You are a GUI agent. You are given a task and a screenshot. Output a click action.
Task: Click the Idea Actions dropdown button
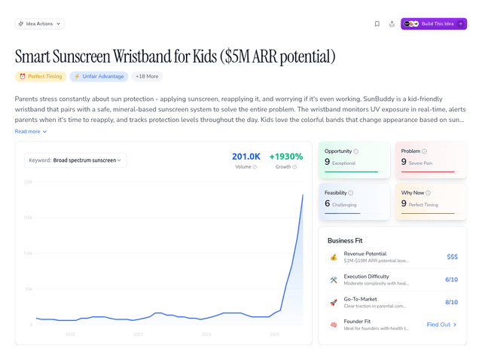coord(39,23)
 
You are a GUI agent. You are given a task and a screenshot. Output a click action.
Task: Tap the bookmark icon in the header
coord(377,23)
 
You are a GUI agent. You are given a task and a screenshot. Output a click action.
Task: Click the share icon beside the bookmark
coord(392,23)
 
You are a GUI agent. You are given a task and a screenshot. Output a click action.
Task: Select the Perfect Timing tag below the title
coord(40,76)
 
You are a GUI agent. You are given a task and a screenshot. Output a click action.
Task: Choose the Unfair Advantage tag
coord(99,76)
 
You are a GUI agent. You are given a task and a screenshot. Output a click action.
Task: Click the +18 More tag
coord(147,76)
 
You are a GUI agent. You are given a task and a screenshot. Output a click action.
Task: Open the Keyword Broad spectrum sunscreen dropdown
coord(75,160)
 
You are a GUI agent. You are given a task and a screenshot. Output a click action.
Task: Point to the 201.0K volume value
coord(246,157)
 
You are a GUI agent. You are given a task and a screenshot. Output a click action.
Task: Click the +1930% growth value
coord(286,157)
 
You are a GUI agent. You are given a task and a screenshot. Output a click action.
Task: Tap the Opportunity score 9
coord(328,162)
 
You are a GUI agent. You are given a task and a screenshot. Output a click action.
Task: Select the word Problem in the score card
coord(410,151)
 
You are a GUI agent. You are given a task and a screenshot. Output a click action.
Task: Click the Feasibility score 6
coord(328,203)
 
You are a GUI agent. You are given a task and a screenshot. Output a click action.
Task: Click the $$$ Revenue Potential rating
coord(452,257)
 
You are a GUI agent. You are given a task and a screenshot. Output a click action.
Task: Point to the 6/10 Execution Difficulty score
coord(451,279)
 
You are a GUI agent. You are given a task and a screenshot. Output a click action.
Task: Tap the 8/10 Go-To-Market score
coord(451,302)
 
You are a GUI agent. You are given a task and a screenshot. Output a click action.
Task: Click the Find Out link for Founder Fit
coord(441,325)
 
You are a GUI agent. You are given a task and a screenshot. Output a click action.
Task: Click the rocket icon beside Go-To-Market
coord(334,302)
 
